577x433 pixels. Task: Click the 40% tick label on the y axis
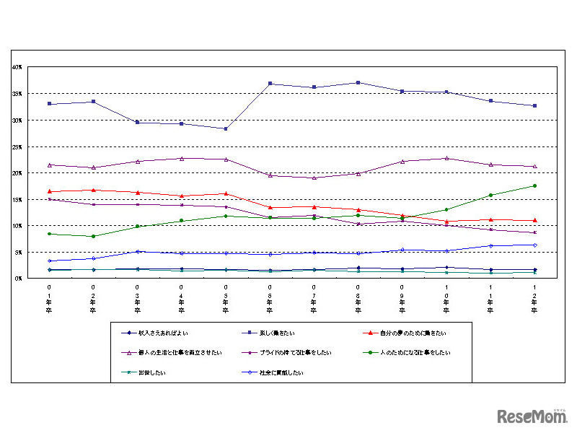coord(17,67)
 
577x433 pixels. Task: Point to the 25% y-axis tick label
coord(17,146)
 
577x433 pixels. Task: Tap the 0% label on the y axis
coord(19,279)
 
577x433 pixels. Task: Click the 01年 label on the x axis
coord(49,299)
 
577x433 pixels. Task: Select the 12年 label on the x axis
coord(534,299)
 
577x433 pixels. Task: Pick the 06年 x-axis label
coord(270,299)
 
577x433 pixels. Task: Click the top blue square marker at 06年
coord(270,84)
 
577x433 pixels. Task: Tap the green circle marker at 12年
coord(534,185)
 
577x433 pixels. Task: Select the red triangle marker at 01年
coord(49,191)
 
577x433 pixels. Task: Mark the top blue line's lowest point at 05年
coord(226,128)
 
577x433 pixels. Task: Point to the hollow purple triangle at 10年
coord(446,158)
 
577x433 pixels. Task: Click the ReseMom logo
coord(532,416)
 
